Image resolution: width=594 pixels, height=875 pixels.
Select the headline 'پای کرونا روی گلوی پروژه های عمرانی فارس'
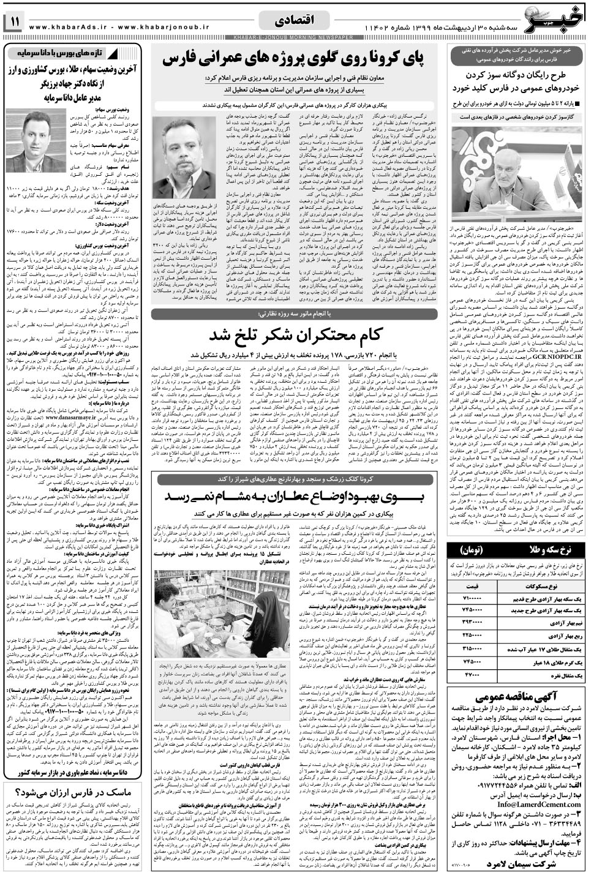coord(298,59)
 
